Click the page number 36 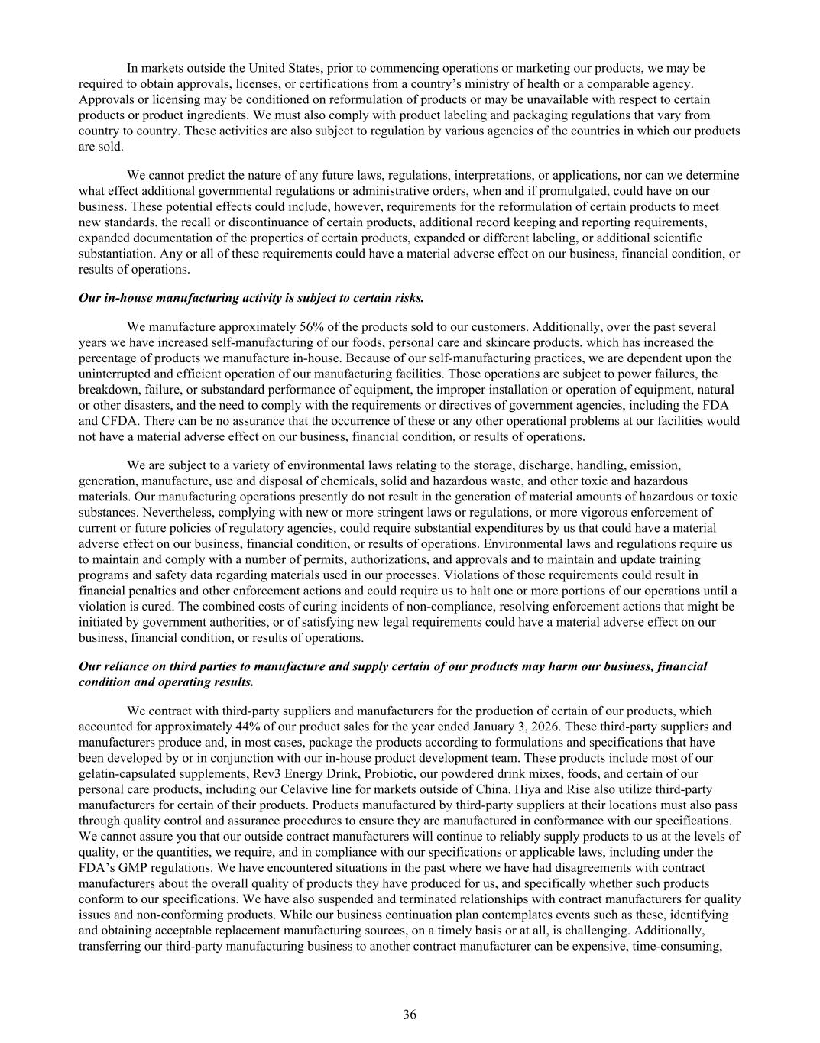coord(410,1015)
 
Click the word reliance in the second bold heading coord(125,666)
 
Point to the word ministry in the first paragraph coord(504,83)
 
